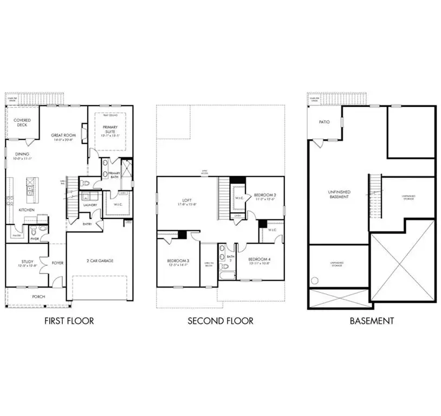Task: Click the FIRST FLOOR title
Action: click(x=68, y=321)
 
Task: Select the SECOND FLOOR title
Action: click(x=220, y=321)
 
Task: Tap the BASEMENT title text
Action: click(x=371, y=321)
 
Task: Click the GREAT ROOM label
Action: click(x=63, y=135)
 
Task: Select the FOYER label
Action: click(x=57, y=264)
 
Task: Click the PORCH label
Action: click(x=38, y=296)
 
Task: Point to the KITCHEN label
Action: click(x=27, y=210)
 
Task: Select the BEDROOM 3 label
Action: click(x=178, y=262)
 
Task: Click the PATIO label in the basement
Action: click(x=324, y=122)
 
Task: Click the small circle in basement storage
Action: click(x=314, y=281)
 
